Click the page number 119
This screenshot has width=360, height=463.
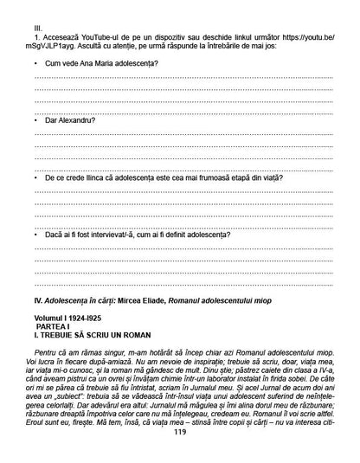pos(180,456)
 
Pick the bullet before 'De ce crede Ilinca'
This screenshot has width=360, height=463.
pos(35,177)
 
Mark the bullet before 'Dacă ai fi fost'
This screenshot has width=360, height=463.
pos(35,234)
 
